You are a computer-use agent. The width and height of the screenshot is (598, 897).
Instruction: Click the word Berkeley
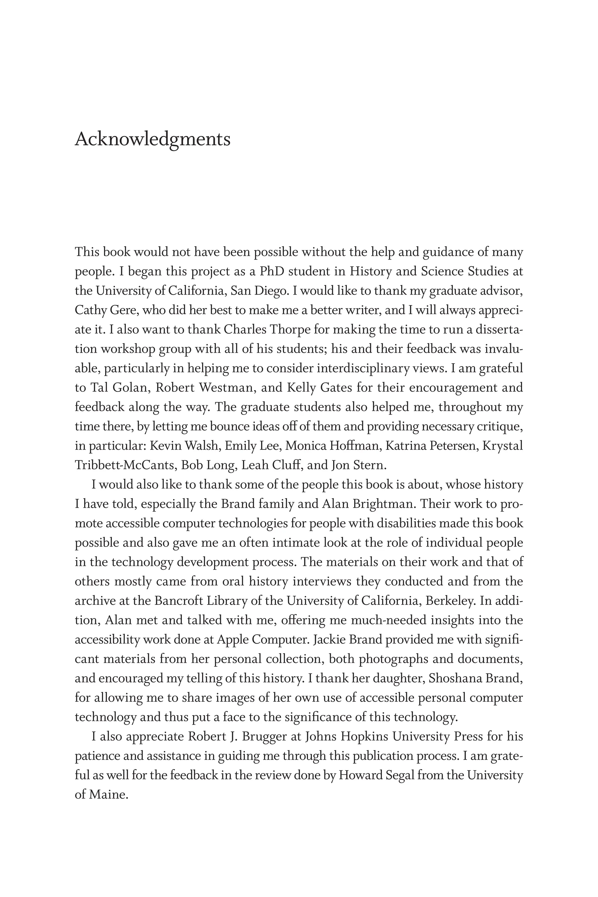pyautogui.click(x=451, y=601)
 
